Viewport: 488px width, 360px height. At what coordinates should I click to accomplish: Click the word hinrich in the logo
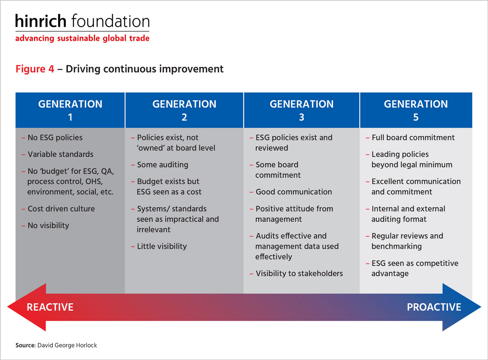tap(41, 21)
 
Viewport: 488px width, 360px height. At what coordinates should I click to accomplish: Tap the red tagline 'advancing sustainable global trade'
tap(82, 38)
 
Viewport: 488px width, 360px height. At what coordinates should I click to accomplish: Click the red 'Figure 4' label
tap(35, 69)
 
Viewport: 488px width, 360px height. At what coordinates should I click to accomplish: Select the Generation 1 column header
tap(70, 110)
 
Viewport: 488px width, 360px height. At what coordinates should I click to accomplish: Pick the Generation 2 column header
tap(184, 110)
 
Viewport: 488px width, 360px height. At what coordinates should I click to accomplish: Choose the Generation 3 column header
tap(301, 110)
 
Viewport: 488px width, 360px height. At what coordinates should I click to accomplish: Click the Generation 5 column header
tap(416, 110)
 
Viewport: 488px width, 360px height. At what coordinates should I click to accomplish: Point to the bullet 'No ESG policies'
tap(52, 137)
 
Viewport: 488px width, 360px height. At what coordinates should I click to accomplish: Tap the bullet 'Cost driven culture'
tap(58, 209)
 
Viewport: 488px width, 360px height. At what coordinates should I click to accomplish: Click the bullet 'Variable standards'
tap(57, 154)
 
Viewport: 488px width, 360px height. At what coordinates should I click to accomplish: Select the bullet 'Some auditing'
tap(160, 165)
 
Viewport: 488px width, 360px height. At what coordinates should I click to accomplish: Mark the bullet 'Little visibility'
tap(159, 246)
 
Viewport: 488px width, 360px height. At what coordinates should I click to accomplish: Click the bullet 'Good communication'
tap(291, 192)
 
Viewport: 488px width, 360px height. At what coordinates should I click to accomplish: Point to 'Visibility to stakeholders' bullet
tap(296, 273)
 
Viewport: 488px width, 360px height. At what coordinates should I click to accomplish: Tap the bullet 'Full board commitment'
tap(410, 137)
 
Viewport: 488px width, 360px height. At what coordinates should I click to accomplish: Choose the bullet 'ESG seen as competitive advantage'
tap(412, 268)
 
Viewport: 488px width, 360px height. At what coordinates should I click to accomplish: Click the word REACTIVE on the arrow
tap(50, 307)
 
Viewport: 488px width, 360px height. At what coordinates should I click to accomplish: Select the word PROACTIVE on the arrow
tap(434, 307)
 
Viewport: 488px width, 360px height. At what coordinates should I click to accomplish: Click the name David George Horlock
tap(67, 345)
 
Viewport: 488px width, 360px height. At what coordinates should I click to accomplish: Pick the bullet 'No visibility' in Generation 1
tap(45, 225)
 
